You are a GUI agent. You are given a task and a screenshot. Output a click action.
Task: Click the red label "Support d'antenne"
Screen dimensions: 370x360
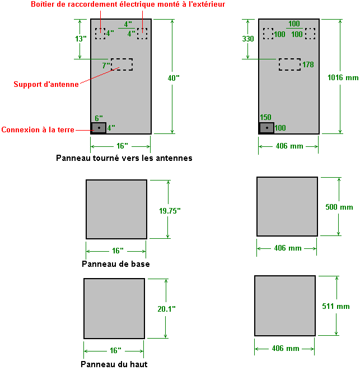pyautogui.click(x=46, y=85)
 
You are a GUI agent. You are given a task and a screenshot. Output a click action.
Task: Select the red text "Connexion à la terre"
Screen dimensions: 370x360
pyautogui.click(x=38, y=130)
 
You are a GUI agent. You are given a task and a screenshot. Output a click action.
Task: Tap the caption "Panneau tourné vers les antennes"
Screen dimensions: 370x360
pyautogui.click(x=124, y=158)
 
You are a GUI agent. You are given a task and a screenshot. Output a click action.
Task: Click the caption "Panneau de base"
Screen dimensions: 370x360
pyautogui.click(x=115, y=264)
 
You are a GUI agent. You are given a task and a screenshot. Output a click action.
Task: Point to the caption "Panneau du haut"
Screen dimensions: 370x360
pyautogui.click(x=114, y=364)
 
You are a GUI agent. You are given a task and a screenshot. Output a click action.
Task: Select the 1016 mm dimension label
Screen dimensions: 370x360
pyautogui.click(x=343, y=78)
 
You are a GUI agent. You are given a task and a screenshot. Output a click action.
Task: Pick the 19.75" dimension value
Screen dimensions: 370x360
pyautogui.click(x=170, y=211)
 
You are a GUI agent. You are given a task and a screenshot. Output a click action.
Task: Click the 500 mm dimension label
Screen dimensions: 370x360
pyautogui.click(x=339, y=207)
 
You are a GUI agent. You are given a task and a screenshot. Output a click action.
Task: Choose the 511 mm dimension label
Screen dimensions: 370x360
pyautogui.click(x=336, y=306)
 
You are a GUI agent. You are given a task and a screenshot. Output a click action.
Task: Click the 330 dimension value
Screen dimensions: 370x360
pyautogui.click(x=248, y=39)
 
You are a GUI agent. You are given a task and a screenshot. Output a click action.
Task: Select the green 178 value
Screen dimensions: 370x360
pyautogui.click(x=308, y=64)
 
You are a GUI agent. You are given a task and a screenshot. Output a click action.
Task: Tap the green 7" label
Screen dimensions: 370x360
pyautogui.click(x=106, y=66)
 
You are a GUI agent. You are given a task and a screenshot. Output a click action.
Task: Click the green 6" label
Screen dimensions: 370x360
pyautogui.click(x=99, y=118)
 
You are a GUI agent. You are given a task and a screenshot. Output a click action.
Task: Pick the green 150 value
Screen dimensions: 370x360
pyautogui.click(x=265, y=117)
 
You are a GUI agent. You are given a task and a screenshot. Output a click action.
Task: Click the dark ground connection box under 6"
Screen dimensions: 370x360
pyautogui.click(x=99, y=128)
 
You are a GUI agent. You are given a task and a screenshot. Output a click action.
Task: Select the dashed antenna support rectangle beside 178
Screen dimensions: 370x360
pyautogui.click(x=289, y=64)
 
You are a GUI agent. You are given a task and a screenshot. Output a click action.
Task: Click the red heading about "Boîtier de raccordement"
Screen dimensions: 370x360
pyautogui.click(x=128, y=5)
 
